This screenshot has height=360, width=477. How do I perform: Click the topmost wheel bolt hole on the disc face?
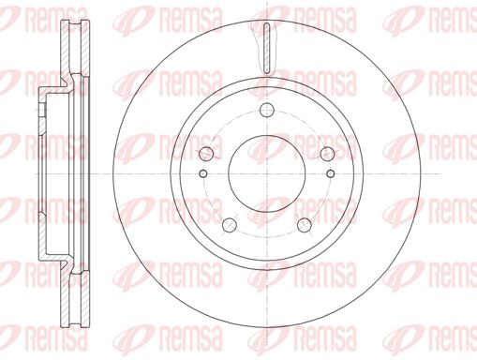coord(267,110)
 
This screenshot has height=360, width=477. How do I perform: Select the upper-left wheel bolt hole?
coord(206,154)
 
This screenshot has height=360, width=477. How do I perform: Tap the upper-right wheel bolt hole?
coord(327,154)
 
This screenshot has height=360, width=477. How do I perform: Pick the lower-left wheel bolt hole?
coord(230,225)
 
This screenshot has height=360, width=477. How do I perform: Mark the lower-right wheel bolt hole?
coord(305,225)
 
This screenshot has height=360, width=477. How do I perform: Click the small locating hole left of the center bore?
coord(203,173)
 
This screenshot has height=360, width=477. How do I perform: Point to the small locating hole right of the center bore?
coord(330,173)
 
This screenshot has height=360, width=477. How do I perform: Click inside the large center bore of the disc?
coord(267,173)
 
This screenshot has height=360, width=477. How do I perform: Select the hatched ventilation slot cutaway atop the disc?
coord(266,49)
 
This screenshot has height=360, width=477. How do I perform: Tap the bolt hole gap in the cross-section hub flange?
coord(43,111)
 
